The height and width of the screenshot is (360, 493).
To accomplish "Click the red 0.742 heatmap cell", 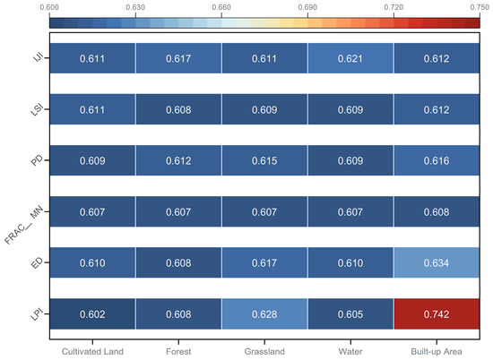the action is (437, 313).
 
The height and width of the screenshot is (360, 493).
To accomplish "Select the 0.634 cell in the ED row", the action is (437, 262).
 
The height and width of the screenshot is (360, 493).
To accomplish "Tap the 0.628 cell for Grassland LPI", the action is (264, 313).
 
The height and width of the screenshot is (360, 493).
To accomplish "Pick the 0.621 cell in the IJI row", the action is (350, 58).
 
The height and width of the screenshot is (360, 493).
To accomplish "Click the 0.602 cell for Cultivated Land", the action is (92, 313).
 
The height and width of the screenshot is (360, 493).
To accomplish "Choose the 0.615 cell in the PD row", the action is (264, 160).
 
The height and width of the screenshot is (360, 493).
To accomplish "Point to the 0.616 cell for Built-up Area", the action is (437, 160).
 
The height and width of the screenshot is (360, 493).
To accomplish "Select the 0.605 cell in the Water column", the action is (350, 313).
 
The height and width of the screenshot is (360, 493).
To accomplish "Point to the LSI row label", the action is (37, 109).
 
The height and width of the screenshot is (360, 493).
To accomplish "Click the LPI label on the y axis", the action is (37, 314).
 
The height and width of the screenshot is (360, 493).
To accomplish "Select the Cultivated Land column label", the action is (92, 351).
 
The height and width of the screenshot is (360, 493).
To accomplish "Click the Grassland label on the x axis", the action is (264, 351).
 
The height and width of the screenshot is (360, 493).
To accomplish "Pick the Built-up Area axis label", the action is (437, 352).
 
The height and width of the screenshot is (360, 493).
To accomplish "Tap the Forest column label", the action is (178, 351).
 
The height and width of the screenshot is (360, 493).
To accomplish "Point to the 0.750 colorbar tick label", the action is (480, 7).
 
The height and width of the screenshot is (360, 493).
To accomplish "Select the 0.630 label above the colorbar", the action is (135, 7).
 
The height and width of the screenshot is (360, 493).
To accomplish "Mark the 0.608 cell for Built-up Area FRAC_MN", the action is (437, 211).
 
